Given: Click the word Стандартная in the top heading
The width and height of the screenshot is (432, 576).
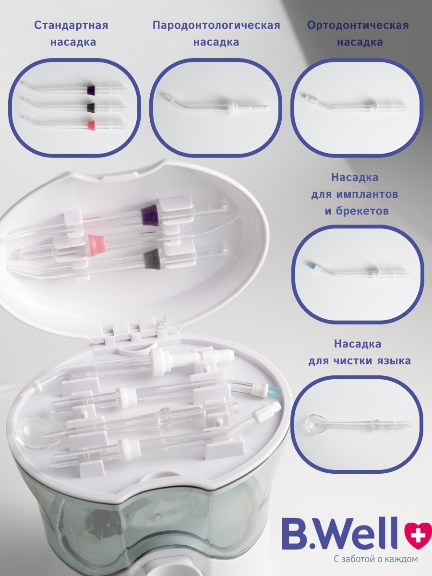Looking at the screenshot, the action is pyautogui.click(x=71, y=26).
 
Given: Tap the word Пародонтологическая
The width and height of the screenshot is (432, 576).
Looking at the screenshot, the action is pyautogui.click(x=216, y=26).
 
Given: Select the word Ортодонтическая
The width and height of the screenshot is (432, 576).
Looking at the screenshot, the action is pyautogui.click(x=358, y=26).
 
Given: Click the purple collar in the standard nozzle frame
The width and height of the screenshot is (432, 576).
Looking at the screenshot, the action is pyautogui.click(x=91, y=89).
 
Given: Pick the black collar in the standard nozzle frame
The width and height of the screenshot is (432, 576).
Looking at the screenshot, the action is pyautogui.click(x=91, y=107).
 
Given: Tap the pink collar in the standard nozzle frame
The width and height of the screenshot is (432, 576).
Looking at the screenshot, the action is pyautogui.click(x=91, y=125).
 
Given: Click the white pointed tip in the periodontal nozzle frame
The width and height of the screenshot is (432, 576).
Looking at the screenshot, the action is pyautogui.click(x=166, y=96).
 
